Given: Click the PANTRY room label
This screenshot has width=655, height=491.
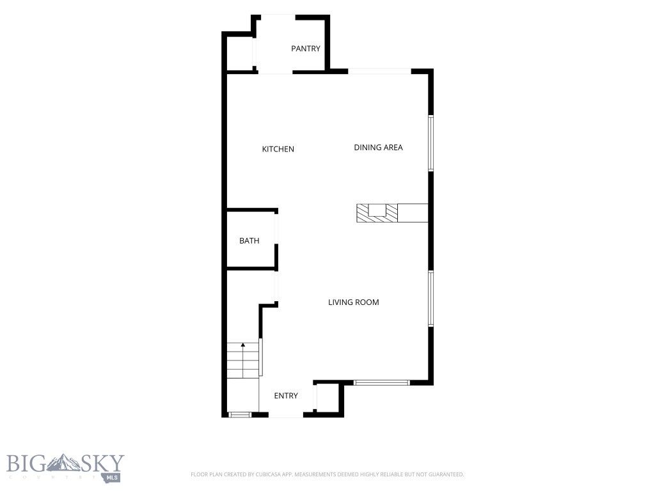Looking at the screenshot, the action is coord(305,49).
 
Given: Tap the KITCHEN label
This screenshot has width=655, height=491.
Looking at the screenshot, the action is coord(278,149).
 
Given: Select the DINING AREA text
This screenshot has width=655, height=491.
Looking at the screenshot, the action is coord(378,148).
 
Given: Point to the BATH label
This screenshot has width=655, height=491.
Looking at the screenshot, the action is coord(249,241).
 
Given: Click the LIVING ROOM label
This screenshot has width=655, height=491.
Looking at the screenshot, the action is coord(353,302).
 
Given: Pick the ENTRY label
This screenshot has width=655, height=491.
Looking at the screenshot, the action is coord(286,396).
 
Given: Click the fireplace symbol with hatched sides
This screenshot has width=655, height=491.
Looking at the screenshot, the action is coord(377,213).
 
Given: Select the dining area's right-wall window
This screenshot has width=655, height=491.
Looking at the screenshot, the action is coord(430,143).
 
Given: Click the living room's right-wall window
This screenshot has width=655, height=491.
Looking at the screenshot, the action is coord(430,298).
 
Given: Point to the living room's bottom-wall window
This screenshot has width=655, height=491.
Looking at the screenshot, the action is coord(382,382).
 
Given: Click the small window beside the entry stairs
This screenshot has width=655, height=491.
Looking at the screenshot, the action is coord(240,414).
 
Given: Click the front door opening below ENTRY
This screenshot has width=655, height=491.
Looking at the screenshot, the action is coord(286,414).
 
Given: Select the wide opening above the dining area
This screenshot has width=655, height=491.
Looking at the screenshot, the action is coord(380,72).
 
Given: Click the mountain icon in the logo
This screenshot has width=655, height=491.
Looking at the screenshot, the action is coord(63,463).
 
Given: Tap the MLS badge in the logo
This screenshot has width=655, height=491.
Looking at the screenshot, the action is coord(112,478).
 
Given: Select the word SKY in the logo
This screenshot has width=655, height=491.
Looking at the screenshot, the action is coord(102,463).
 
